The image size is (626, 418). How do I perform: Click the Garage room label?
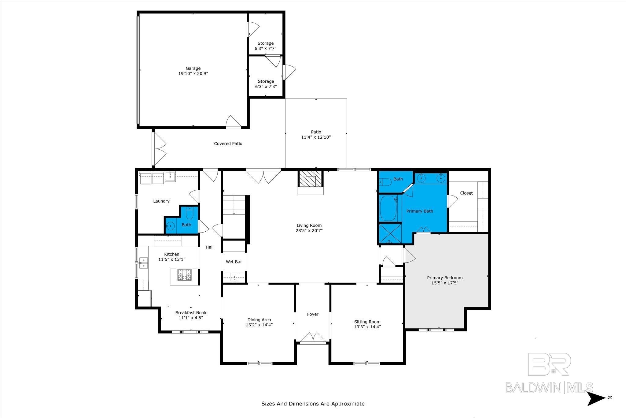(x=193, y=68)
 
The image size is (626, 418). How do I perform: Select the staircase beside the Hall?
(x=234, y=205)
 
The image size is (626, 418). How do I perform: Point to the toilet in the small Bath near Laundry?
(x=190, y=213)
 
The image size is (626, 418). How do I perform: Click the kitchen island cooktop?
(x=185, y=274)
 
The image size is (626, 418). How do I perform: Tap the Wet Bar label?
(x=234, y=262)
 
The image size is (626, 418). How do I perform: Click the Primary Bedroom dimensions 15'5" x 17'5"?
(x=445, y=283)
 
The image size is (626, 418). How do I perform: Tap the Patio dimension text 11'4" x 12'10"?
(x=316, y=137)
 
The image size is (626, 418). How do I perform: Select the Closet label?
(x=466, y=193)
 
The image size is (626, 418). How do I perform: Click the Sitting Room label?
(x=367, y=322)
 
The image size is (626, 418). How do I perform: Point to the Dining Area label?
(x=259, y=320)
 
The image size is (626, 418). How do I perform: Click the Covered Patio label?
(x=228, y=144)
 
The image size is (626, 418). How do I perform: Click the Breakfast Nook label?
(x=191, y=312)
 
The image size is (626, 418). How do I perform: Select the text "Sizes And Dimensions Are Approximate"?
(x=313, y=404)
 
